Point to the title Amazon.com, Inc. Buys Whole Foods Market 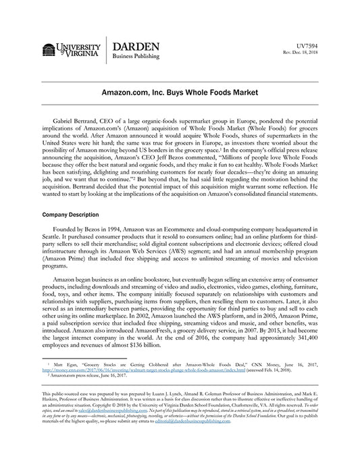(180, 90)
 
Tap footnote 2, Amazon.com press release (84, 376)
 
